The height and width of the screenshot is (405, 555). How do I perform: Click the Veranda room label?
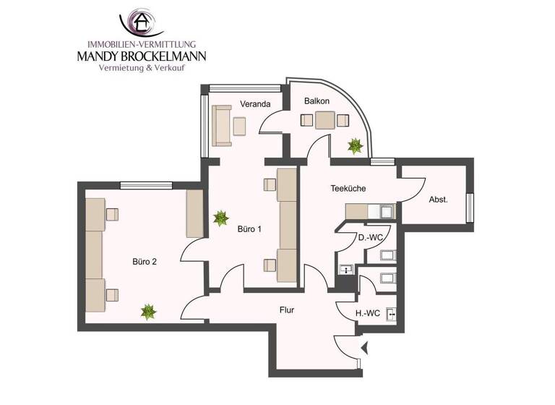tap(255, 104)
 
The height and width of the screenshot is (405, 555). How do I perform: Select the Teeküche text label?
tap(348, 188)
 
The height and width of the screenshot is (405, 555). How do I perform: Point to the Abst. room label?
tap(438, 200)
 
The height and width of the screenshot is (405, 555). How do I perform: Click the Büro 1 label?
tap(249, 230)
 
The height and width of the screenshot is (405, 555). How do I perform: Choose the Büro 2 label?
tap(144, 262)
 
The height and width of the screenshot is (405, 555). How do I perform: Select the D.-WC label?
tap(370, 237)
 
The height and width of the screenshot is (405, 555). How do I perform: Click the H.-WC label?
tap(369, 312)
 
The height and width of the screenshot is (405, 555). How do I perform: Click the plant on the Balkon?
tap(355, 146)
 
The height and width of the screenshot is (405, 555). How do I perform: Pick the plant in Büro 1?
tap(220, 217)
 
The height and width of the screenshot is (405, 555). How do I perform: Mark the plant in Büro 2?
tap(148, 312)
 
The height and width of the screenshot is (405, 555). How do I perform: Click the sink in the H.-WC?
tap(391, 314)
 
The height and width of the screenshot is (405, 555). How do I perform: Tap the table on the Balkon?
tap(324, 120)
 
